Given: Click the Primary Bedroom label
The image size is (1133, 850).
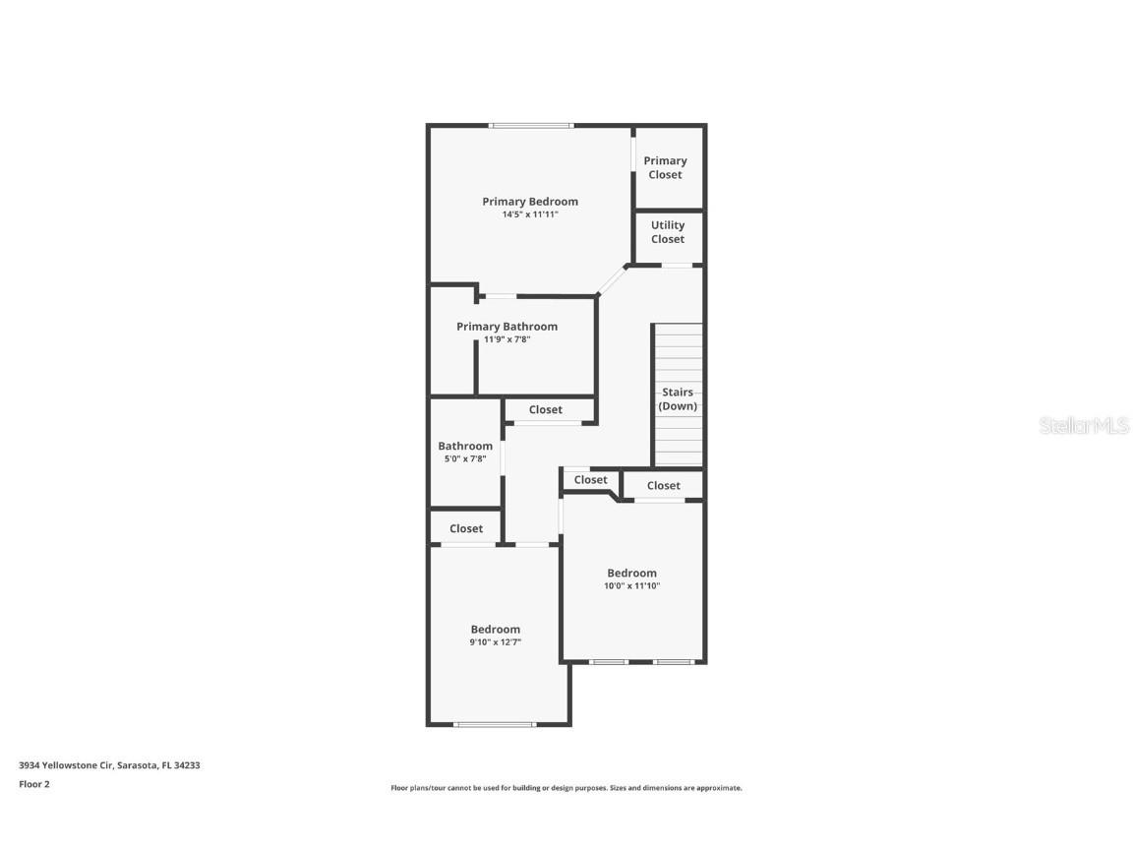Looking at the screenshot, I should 530,202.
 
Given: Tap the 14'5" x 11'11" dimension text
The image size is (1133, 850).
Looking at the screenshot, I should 530,214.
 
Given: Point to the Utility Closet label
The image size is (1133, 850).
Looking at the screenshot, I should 668,232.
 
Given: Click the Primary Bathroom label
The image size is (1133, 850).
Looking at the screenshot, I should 507,327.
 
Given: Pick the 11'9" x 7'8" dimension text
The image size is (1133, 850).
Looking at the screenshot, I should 507,340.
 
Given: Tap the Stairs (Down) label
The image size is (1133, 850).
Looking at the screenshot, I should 678,399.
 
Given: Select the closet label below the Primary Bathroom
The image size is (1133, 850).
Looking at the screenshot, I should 546,410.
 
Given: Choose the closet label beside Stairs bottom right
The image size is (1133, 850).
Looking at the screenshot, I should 664,486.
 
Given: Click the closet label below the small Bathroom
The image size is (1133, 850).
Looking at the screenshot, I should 466,529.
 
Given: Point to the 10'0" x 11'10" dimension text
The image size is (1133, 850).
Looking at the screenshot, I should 631,586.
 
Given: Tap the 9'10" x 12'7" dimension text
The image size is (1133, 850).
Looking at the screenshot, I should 495,642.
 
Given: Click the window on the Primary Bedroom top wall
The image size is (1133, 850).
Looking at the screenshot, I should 531,125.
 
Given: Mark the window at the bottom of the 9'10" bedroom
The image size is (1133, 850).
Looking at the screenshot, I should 495,725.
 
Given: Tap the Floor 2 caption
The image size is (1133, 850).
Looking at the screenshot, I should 33,784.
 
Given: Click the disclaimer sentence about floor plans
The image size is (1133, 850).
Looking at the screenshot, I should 566,788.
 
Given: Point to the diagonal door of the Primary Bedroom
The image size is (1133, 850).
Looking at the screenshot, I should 612,280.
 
